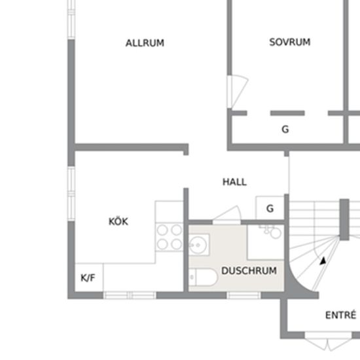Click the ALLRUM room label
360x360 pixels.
click(x=145, y=43)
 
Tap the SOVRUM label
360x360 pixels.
click(x=290, y=42)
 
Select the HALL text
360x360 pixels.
click(x=234, y=182)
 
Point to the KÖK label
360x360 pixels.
click(x=118, y=221)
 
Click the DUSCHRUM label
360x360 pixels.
click(x=249, y=271)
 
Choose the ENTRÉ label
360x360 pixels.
click(x=341, y=315)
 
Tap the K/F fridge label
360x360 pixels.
click(x=88, y=278)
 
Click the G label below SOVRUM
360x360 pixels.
click(x=285, y=129)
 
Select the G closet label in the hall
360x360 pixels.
click(x=270, y=208)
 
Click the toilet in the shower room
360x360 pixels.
click(x=203, y=278)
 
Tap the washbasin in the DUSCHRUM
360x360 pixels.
click(x=199, y=245)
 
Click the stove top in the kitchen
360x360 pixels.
click(x=170, y=237)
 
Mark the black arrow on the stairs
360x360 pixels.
click(x=323, y=261)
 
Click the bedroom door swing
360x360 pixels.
click(x=238, y=92)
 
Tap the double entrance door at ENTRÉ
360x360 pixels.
click(x=329, y=344)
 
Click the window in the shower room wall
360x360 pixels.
click(x=244, y=295)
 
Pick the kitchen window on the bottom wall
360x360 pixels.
click(x=130, y=295)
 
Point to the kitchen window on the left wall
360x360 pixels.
click(x=71, y=194)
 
